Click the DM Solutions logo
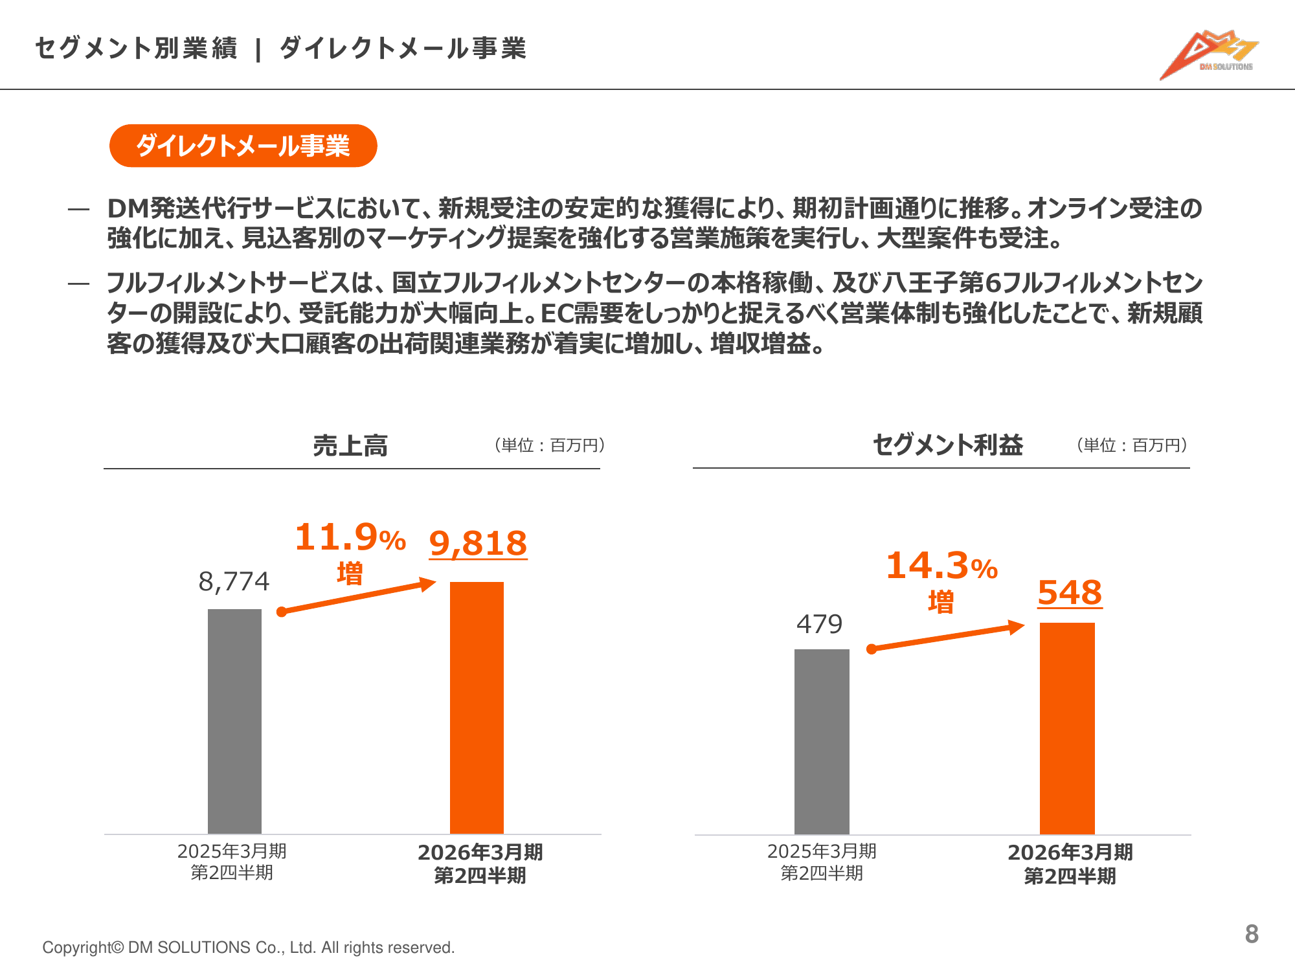(1208, 55)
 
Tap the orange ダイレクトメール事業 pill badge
(243, 146)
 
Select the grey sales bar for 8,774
(234, 721)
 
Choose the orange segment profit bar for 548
(1067, 728)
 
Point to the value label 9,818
(478, 543)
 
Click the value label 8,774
(234, 581)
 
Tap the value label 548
(1070, 592)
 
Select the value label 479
(819, 624)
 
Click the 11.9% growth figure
(350, 537)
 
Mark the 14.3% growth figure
(941, 566)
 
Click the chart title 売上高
(350, 445)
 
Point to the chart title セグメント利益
(947, 445)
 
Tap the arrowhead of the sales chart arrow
(428, 584)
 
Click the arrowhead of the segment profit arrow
(1017, 627)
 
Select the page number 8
(1252, 933)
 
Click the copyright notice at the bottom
(249, 947)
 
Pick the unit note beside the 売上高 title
(550, 445)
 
